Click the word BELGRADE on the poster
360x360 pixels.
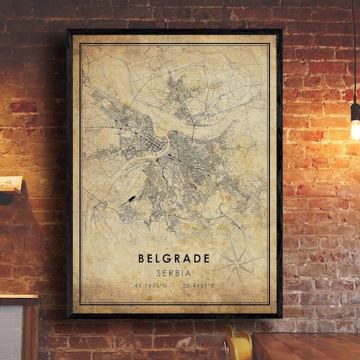tap(174, 258)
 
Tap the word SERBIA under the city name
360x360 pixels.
tap(174, 273)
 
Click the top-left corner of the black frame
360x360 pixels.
tap(68, 30)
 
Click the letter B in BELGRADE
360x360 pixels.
tap(142, 258)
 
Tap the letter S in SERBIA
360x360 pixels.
tap(158, 273)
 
